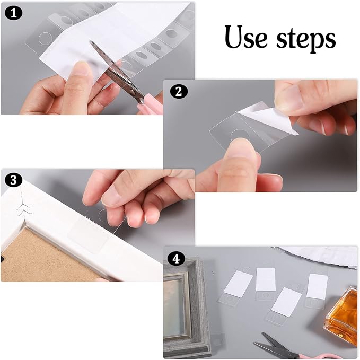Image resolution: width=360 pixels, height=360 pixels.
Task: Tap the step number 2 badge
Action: point(178,91)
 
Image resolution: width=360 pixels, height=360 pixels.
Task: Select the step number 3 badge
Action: point(12,180)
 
